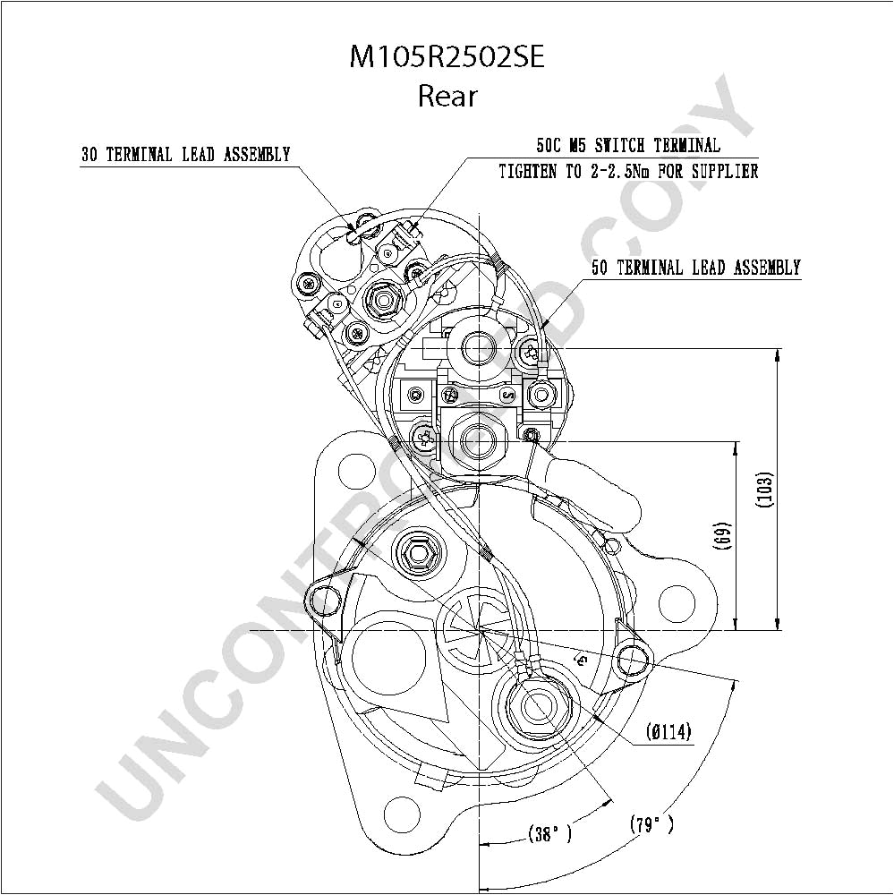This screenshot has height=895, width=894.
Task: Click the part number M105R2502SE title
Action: click(447, 57)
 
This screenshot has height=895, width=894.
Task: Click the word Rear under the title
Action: click(447, 96)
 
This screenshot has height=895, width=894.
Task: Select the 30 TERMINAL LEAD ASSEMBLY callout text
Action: click(185, 155)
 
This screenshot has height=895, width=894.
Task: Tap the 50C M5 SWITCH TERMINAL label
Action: click(628, 146)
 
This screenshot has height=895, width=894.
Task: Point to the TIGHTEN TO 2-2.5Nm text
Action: click(628, 171)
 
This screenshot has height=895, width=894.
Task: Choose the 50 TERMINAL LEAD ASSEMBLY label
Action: click(695, 268)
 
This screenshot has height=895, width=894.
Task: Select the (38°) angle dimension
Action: click(549, 834)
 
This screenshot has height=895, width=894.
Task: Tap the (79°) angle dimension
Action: click(651, 824)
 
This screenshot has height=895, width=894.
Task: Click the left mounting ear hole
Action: click(322, 601)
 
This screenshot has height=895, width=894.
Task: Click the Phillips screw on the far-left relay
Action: click(308, 284)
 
